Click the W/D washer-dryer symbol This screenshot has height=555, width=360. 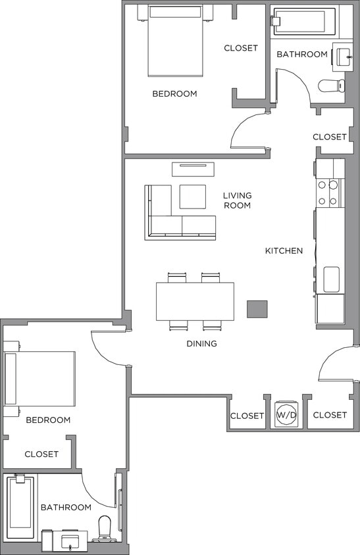click(x=286, y=415)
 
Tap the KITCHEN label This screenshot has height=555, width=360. click(x=284, y=251)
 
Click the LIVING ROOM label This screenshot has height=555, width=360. click(x=237, y=201)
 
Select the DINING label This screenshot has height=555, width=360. click(x=201, y=343)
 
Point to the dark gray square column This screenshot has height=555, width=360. click(x=257, y=309)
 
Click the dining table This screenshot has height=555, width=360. click(x=195, y=301)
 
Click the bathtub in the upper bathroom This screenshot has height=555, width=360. click(x=303, y=21)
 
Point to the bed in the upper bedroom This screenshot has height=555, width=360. click(x=174, y=41)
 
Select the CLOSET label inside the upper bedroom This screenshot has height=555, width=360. click(x=241, y=48)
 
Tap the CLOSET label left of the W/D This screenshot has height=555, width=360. click(x=247, y=416)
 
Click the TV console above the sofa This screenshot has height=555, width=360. click(x=193, y=169)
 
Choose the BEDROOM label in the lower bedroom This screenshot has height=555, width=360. click(x=48, y=420)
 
